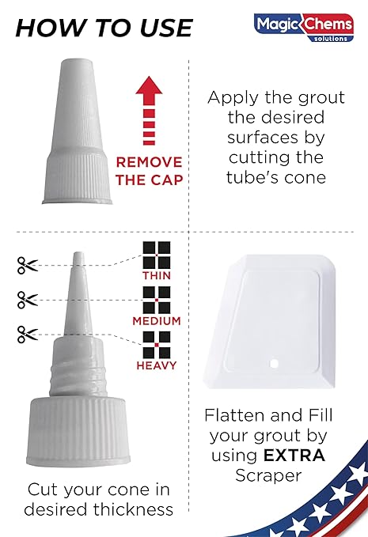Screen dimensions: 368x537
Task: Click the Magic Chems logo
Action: [304, 28]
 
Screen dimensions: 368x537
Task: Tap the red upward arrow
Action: [149, 110]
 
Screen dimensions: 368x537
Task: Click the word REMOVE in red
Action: [149, 162]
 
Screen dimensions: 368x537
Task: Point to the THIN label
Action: [157, 275]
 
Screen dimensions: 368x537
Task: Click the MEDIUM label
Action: [157, 321]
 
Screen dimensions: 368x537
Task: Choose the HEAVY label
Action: [157, 365]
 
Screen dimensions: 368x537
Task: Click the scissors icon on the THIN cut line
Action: [28, 266]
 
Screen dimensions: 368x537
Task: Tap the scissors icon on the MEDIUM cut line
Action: [28, 300]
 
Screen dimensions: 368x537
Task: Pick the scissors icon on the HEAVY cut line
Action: [28, 335]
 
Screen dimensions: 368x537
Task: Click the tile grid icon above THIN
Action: [157, 255]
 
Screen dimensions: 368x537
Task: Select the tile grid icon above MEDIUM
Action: [157, 300]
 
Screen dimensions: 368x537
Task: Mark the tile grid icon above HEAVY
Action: [157, 345]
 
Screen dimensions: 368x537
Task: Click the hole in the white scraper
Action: [274, 363]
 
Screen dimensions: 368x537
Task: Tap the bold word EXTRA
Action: [294, 456]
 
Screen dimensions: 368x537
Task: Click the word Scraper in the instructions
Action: [268, 476]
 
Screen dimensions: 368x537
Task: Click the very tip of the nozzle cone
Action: [78, 253]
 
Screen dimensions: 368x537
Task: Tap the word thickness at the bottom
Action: [133, 509]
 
